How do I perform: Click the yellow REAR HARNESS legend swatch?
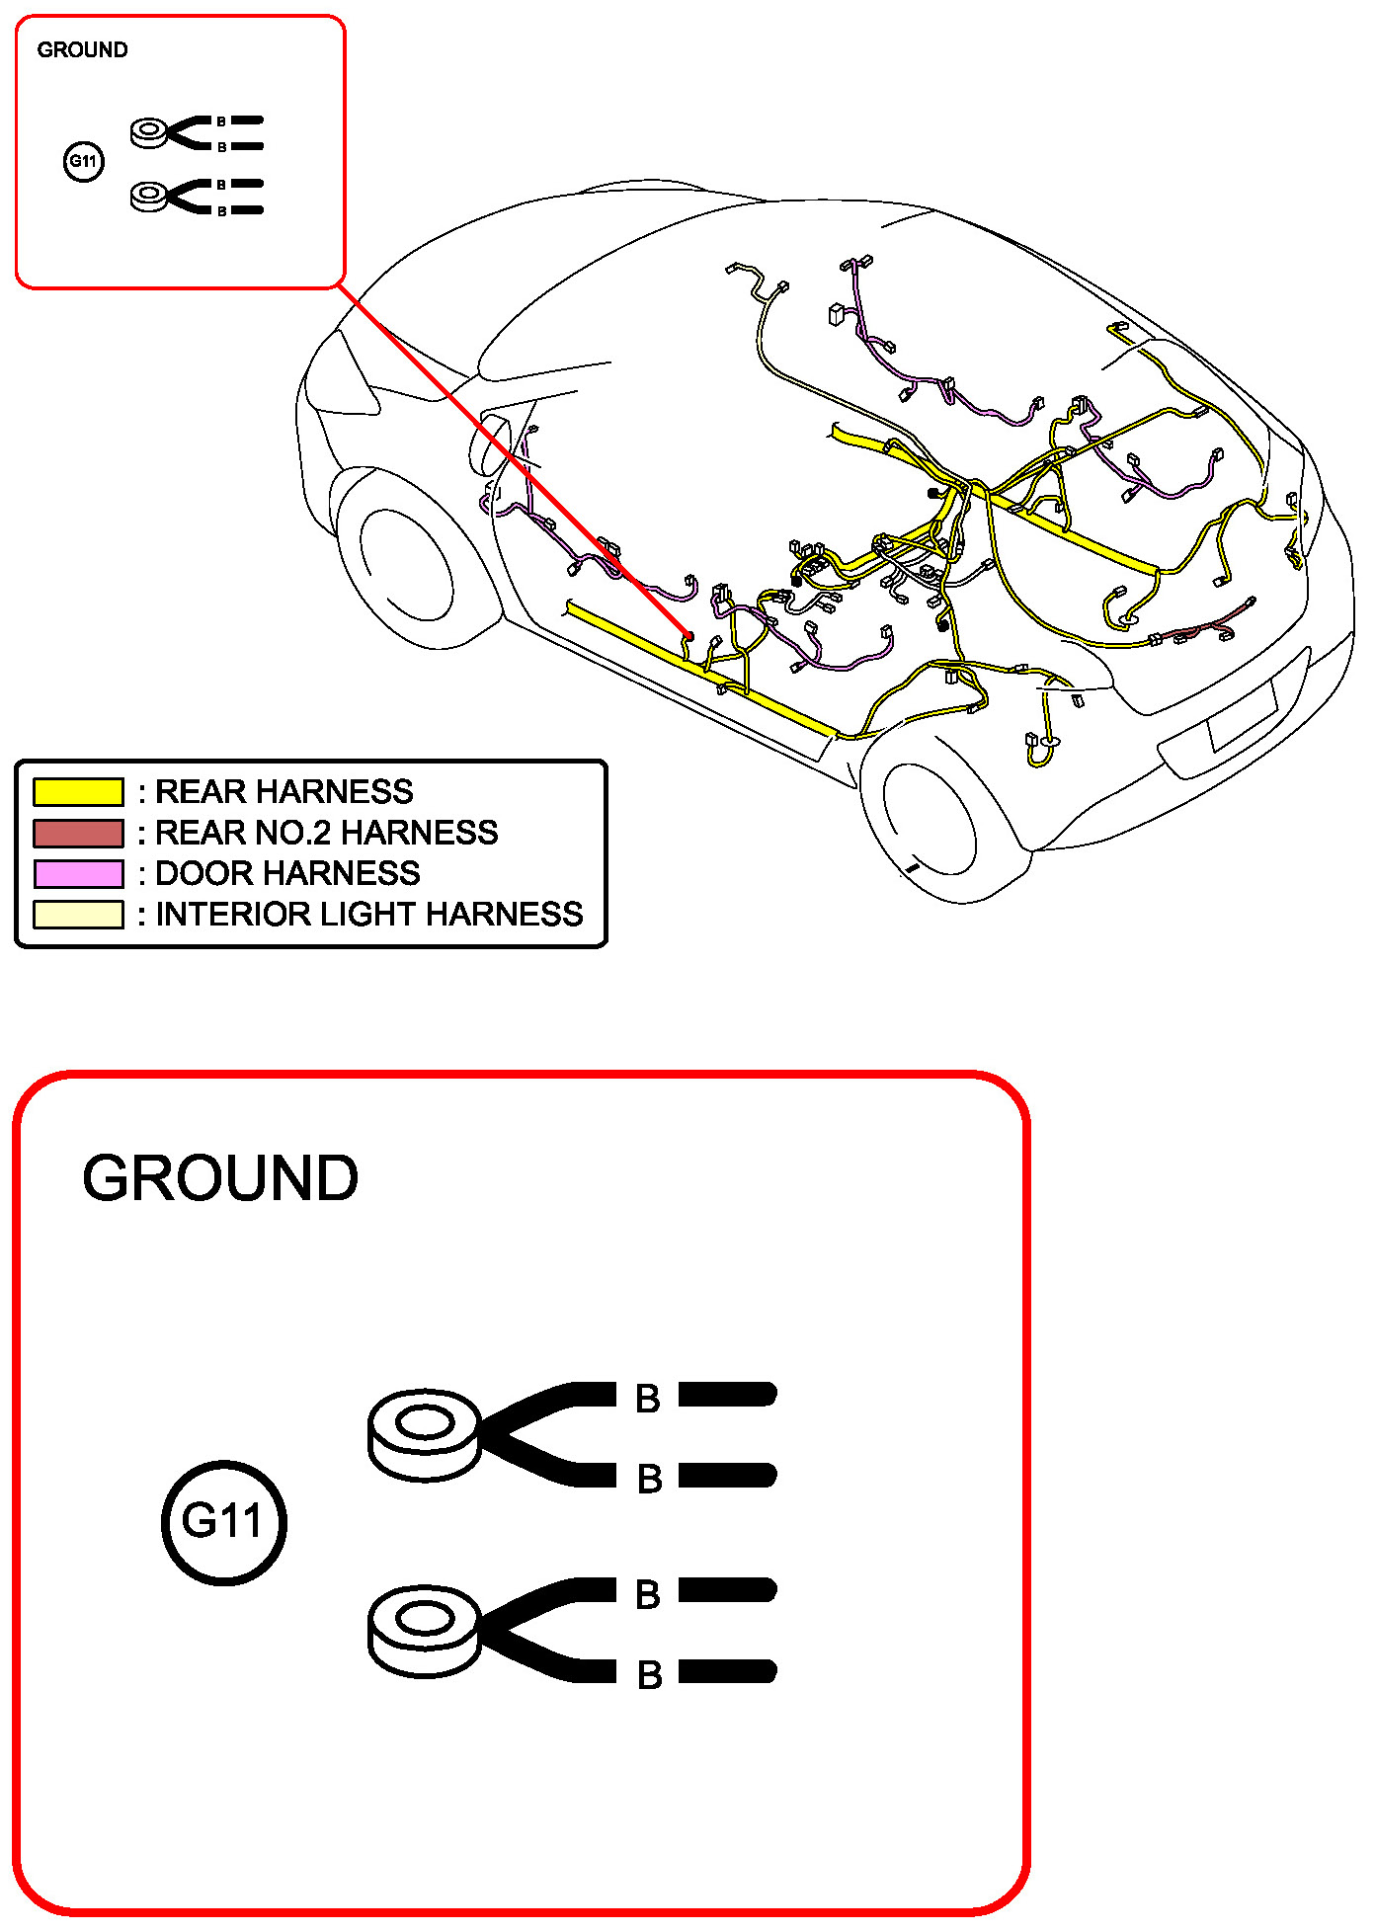pos(78,792)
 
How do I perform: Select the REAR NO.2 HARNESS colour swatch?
pos(78,834)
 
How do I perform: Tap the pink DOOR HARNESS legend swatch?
pos(78,874)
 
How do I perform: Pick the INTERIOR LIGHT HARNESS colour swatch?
pos(78,915)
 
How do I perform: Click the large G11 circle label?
pos(224,1522)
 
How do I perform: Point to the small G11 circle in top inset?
pos(83,162)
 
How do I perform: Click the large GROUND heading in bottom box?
pos(220,1178)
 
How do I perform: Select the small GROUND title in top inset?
pos(82,50)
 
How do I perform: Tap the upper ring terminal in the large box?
pos(425,1435)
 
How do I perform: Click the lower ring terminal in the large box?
pos(425,1631)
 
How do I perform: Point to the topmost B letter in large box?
pos(648,1399)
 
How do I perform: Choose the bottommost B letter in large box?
pos(649,1674)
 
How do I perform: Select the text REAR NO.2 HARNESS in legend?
pos(326,834)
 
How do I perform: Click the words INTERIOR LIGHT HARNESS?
pos(368,915)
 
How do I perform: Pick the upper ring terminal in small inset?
pos(150,132)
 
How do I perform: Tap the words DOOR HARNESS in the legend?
pos(287,874)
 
